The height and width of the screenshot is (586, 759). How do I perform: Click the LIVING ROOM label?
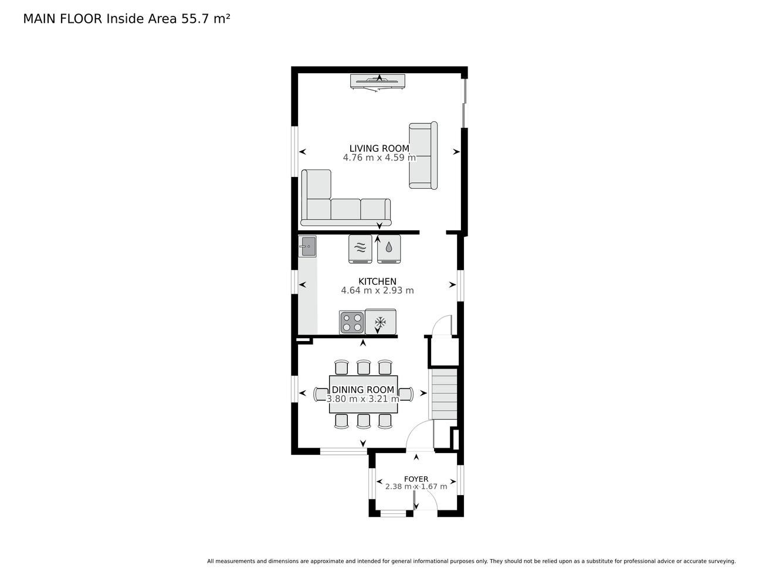tap(379, 148)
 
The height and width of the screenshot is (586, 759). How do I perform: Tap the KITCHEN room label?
tap(377, 281)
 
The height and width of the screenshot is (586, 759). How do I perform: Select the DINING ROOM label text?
tap(363, 390)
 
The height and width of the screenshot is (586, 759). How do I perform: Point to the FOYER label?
tap(416, 479)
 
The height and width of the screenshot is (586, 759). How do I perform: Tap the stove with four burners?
tap(352, 323)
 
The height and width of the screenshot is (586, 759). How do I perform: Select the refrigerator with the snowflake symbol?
tap(380, 321)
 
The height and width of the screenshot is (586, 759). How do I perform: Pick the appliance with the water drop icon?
tap(389, 248)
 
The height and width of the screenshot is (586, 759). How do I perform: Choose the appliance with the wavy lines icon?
tap(360, 248)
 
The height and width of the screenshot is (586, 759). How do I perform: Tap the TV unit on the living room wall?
tap(378, 82)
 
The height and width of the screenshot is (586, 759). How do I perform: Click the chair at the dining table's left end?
tap(321, 394)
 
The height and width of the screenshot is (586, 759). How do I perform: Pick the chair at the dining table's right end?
tap(406, 394)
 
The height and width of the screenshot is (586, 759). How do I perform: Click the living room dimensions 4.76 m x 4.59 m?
tap(380, 158)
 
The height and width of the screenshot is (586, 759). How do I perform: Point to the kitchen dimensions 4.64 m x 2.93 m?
tap(377, 290)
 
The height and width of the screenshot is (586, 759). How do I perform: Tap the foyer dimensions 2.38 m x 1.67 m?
tap(416, 486)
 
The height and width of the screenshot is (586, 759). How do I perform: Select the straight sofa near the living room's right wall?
tap(423, 155)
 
